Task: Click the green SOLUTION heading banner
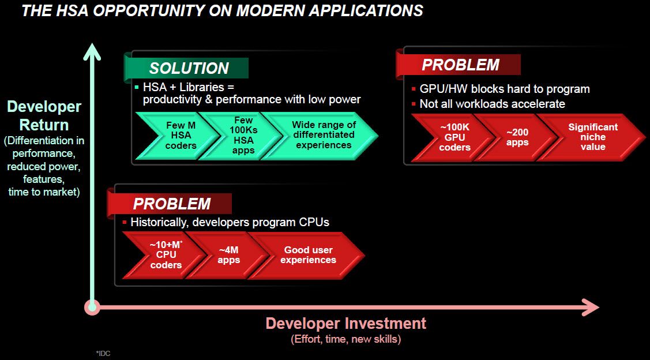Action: point(188,68)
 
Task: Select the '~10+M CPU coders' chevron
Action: point(166,255)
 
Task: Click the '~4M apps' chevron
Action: point(228,255)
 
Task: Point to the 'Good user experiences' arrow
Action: point(308,255)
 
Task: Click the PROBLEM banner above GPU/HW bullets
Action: point(460,65)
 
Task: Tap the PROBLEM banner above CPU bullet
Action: point(171,204)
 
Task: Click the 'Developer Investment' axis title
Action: point(345,323)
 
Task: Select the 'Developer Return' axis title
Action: point(44,115)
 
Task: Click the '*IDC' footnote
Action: point(103,353)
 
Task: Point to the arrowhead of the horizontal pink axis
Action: point(591,307)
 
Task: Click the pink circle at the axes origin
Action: point(91,307)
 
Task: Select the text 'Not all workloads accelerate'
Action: point(492,104)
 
